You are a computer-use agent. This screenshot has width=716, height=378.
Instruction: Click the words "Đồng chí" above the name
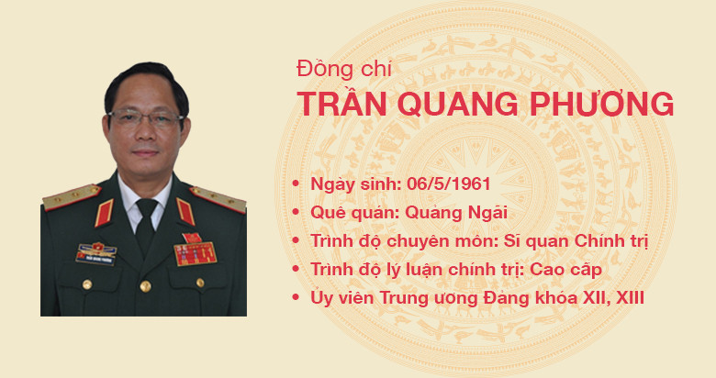click(329, 69)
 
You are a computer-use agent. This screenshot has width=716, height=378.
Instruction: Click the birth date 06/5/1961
click(439, 183)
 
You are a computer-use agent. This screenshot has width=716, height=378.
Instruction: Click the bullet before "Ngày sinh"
click(296, 184)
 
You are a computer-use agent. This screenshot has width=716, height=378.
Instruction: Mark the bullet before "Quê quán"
click(296, 213)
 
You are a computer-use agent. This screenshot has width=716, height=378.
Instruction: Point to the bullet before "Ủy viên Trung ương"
click(296, 299)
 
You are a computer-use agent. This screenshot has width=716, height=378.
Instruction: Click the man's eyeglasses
click(144, 118)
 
